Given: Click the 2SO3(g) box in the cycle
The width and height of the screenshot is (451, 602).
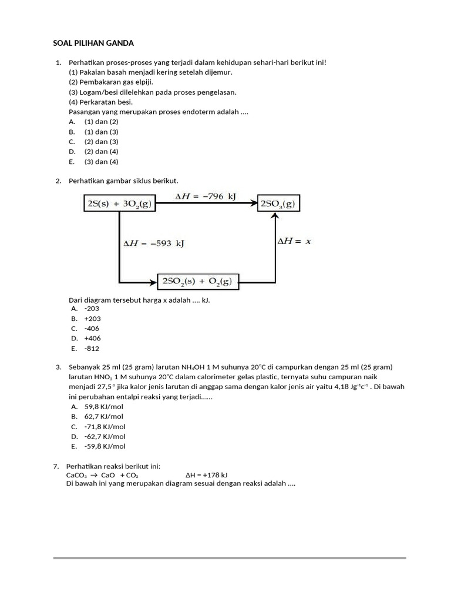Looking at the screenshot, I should pyautogui.click(x=278, y=204).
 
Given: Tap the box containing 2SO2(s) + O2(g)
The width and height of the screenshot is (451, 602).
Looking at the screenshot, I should pyautogui.click(x=197, y=282).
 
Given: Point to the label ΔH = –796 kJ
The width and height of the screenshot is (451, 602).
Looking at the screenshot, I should pyautogui.click(x=206, y=197).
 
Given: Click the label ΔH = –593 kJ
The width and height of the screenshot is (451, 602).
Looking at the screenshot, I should pyautogui.click(x=153, y=243).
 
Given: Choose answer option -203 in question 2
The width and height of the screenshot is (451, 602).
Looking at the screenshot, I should pyautogui.click(x=92, y=308).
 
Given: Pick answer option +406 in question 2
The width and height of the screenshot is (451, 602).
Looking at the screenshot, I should pyautogui.click(x=92, y=338).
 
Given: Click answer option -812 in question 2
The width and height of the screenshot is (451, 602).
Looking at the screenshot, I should pyautogui.click(x=92, y=348).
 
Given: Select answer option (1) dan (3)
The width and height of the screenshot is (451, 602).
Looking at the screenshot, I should pyautogui.click(x=101, y=132).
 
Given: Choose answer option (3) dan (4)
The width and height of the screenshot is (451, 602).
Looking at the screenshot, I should pyautogui.click(x=101, y=162).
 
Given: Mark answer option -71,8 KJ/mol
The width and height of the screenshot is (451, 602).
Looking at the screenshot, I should pyautogui.click(x=105, y=426).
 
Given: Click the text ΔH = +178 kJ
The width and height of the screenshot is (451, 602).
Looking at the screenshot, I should pyautogui.click(x=207, y=475).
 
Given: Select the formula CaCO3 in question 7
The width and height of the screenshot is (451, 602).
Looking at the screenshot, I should pyautogui.click(x=76, y=475).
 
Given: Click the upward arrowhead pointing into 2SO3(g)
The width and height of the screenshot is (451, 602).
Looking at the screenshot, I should pyautogui.click(x=275, y=217).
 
